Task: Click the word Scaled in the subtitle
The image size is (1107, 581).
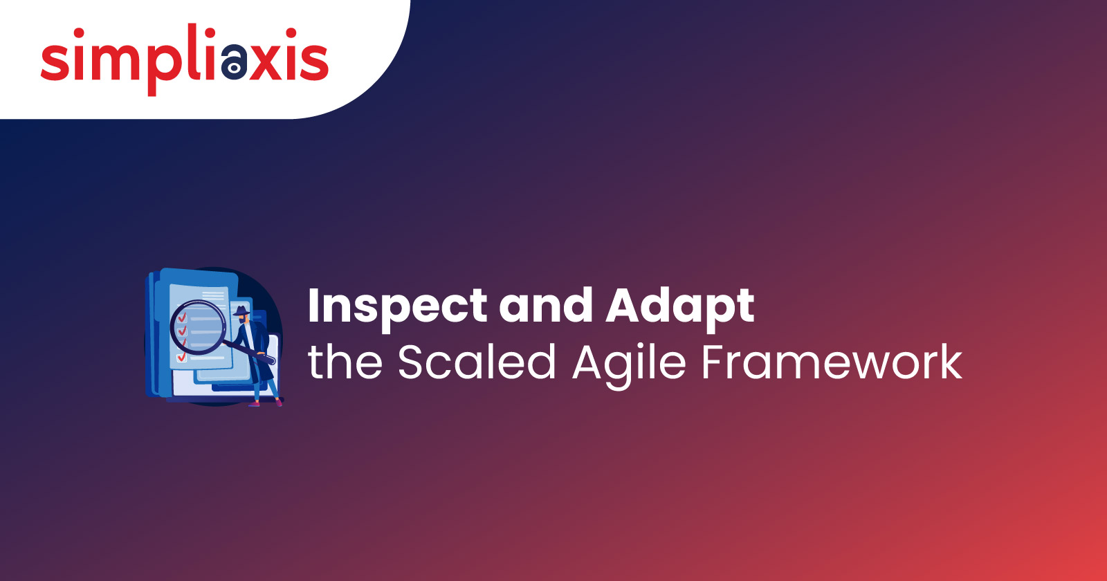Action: click(x=477, y=362)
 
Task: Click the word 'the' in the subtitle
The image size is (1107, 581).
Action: click(x=345, y=362)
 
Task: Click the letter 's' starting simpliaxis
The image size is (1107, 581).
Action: click(x=55, y=62)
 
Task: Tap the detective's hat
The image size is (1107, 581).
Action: click(x=241, y=311)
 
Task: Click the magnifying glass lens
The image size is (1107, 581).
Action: click(x=198, y=326)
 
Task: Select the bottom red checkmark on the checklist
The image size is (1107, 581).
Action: click(x=181, y=356)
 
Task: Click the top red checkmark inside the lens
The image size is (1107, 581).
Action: click(x=181, y=317)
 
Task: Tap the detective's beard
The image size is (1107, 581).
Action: click(x=242, y=320)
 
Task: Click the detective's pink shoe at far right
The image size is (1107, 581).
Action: click(x=280, y=403)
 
